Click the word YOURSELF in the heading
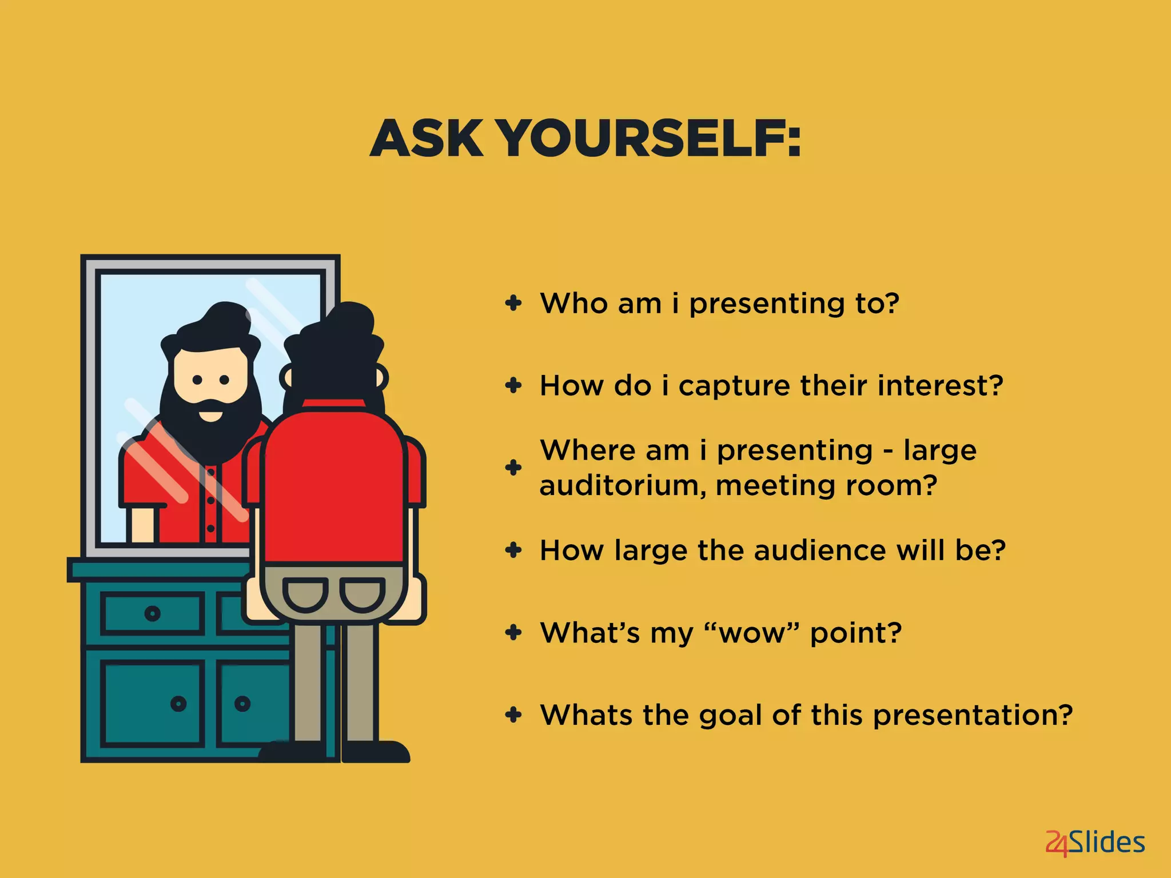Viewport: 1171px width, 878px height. point(649,139)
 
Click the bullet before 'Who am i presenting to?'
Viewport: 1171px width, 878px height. point(513,303)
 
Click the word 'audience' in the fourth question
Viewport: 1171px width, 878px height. point(821,550)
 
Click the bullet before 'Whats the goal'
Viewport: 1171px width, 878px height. point(513,715)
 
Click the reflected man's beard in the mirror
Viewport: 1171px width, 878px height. point(209,434)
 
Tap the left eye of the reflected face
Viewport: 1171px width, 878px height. point(197,380)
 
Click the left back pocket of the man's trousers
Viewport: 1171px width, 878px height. point(305,593)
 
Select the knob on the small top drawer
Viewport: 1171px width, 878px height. point(152,614)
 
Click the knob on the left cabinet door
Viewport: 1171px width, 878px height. point(178,703)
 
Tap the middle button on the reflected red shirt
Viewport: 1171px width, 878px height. point(211,501)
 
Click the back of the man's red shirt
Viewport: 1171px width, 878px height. point(334,486)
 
